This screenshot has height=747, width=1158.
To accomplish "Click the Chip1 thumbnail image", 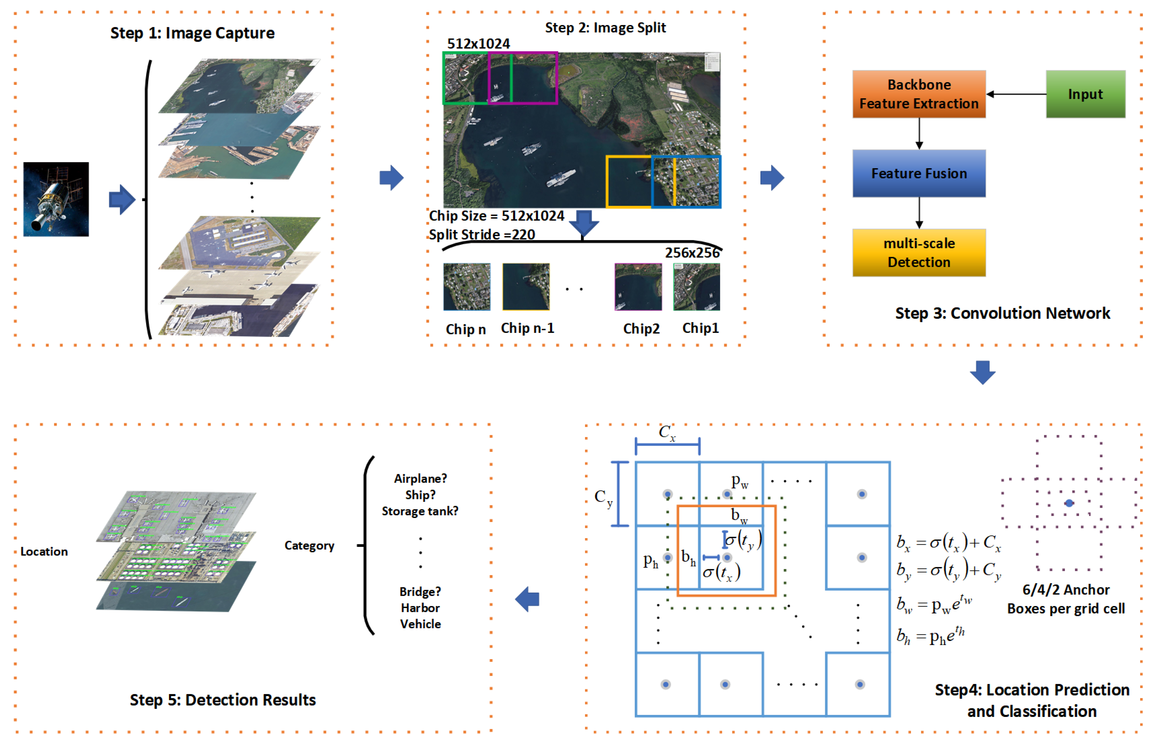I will pyautogui.click(x=696, y=287).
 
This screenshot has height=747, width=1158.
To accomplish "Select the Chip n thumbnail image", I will pyautogui.click(x=467, y=287).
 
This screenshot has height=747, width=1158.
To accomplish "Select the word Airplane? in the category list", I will pyautogui.click(x=420, y=479).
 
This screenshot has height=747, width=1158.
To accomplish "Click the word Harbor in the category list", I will pyautogui.click(x=420, y=608).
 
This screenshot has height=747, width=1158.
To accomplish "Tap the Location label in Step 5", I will pyautogui.click(x=44, y=552).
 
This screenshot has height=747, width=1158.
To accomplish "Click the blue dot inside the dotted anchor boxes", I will pyautogui.click(x=1069, y=503).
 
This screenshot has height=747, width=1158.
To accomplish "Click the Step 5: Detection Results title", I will pyautogui.click(x=223, y=700).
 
